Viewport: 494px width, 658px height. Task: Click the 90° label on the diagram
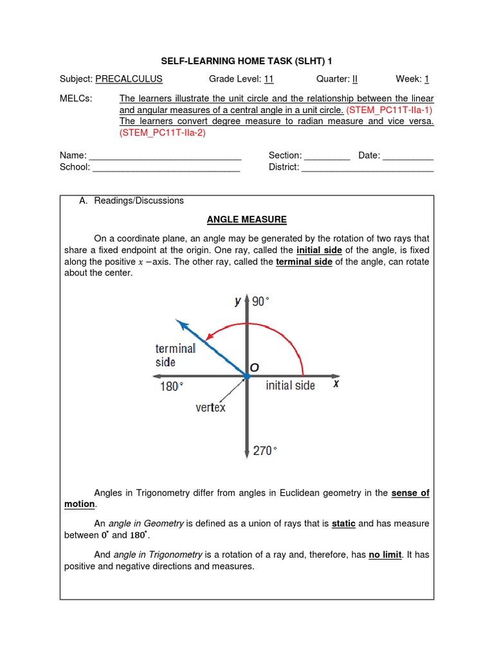[x=261, y=301]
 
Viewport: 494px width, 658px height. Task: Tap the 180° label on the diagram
[x=172, y=386]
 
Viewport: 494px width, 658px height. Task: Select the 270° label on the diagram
[x=264, y=451]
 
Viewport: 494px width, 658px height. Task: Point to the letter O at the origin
[x=254, y=367]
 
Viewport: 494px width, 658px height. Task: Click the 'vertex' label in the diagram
[x=210, y=407]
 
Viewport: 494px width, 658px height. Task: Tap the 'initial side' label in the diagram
[x=290, y=386]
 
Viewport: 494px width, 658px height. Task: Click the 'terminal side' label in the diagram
[x=175, y=355]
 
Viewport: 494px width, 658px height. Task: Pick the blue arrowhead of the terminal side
[x=183, y=324]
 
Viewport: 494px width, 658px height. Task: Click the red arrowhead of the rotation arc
[x=211, y=335]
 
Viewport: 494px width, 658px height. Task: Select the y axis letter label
[x=238, y=301]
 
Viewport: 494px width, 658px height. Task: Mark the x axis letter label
[x=335, y=384]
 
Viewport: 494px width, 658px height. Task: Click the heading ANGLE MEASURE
[x=246, y=219]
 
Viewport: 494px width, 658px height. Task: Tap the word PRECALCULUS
[x=129, y=79]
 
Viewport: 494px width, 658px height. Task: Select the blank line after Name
[x=165, y=156]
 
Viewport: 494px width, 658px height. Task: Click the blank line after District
[x=367, y=168]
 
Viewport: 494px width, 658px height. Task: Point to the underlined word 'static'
[x=343, y=524]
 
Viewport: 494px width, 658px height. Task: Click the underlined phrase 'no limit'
[x=385, y=555]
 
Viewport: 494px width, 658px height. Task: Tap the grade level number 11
[x=269, y=79]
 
